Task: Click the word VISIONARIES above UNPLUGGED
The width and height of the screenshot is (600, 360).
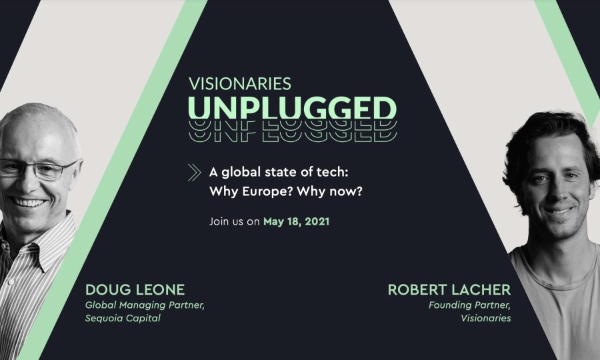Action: click(x=240, y=84)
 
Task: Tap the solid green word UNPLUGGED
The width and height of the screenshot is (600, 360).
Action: click(x=293, y=108)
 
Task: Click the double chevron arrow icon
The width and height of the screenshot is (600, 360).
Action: click(x=195, y=173)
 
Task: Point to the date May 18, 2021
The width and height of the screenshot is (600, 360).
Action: click(x=296, y=221)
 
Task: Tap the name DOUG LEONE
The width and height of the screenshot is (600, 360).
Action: click(x=135, y=289)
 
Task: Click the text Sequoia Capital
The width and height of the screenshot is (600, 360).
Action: click(x=123, y=318)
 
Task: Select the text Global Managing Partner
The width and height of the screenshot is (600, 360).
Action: click(x=145, y=305)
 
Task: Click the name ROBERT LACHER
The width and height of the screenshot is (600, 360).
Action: click(x=449, y=289)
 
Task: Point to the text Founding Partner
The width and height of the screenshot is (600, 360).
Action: click(x=469, y=305)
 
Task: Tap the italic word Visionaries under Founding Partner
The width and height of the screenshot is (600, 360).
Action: click(x=485, y=318)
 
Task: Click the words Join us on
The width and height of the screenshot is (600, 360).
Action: click(x=235, y=221)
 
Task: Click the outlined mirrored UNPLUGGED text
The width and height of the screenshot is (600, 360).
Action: click(x=293, y=131)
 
